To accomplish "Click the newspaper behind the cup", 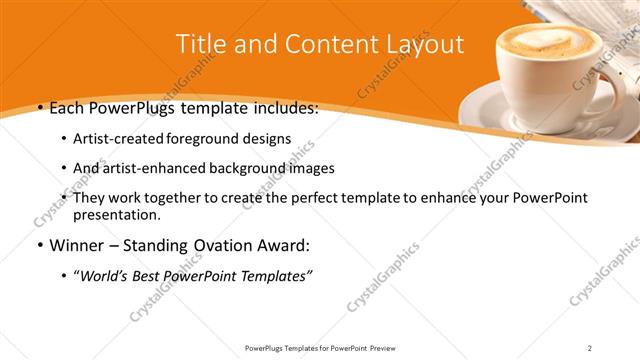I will click(x=600, y=20).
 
